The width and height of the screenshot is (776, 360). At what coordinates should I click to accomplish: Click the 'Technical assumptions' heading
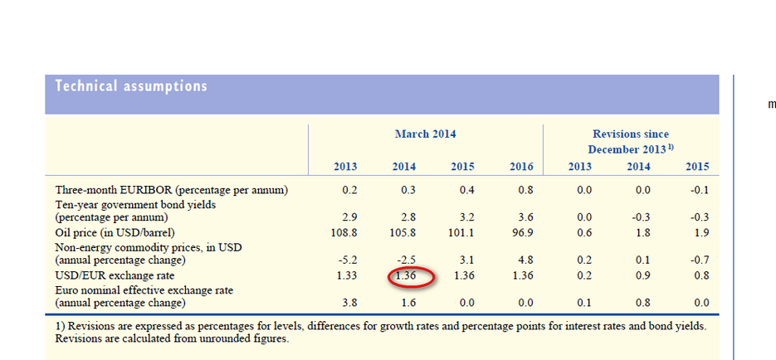pyautogui.click(x=131, y=86)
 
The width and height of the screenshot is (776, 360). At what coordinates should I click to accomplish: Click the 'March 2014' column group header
pyautogui.click(x=425, y=134)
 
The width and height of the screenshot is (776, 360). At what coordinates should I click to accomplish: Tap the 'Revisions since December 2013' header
pyautogui.click(x=630, y=141)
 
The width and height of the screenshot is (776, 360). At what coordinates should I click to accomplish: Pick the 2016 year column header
pyautogui.click(x=521, y=167)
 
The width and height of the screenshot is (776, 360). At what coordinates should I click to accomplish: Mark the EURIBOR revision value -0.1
pyautogui.click(x=697, y=190)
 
